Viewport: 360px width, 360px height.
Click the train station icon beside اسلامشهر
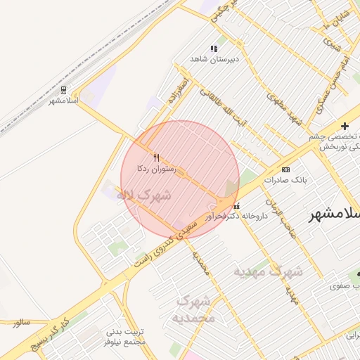(64, 90)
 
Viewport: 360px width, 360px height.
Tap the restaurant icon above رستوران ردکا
(156, 157)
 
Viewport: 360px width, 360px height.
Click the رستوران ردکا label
(157, 169)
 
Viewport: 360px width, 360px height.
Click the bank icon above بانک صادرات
(285, 169)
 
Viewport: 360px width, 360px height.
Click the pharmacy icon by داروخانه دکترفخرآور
(236, 206)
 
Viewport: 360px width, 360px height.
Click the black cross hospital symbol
(345, 126)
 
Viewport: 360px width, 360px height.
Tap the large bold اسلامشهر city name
(335, 214)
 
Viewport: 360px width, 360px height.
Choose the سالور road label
(20, 322)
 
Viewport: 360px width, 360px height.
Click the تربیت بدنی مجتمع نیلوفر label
(125, 336)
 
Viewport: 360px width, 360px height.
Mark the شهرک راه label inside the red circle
(143, 195)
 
